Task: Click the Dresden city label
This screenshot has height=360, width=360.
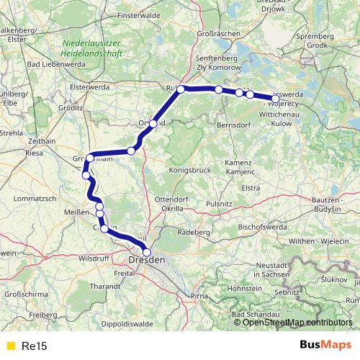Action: [x=147, y=260]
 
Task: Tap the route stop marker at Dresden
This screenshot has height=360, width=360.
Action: [x=148, y=252]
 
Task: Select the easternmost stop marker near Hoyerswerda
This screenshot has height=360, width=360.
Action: [x=275, y=98]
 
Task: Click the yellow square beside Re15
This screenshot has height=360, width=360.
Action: [x=10, y=346]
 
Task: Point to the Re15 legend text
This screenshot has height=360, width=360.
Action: [x=35, y=346]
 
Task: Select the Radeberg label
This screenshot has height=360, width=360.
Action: [x=196, y=233]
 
